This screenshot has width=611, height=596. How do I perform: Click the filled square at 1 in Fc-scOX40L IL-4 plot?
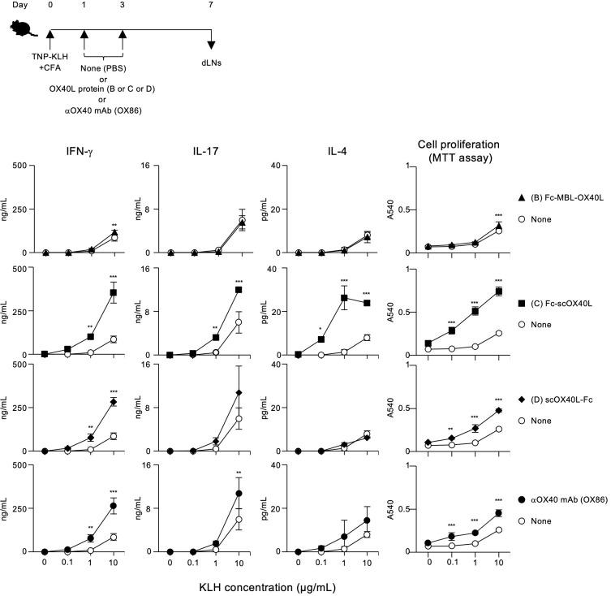(x=344, y=298)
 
